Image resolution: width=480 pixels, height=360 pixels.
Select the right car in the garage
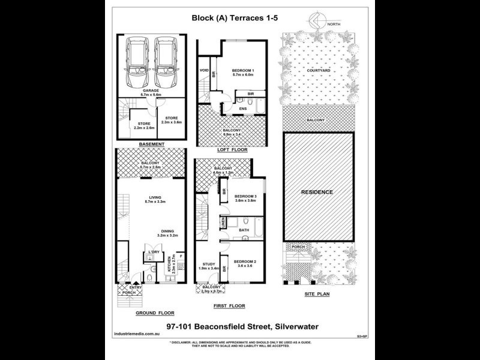coord(165,62)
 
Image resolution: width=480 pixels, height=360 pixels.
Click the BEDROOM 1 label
coord(243,71)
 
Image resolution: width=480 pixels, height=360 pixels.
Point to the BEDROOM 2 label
coord(245,262)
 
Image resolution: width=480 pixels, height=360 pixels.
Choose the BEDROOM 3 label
coord(245,197)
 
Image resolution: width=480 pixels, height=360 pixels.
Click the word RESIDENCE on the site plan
coord(316,192)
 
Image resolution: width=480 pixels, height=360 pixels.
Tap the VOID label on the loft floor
coord(204,70)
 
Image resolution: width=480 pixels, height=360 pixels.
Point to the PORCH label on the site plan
coord(297,247)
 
